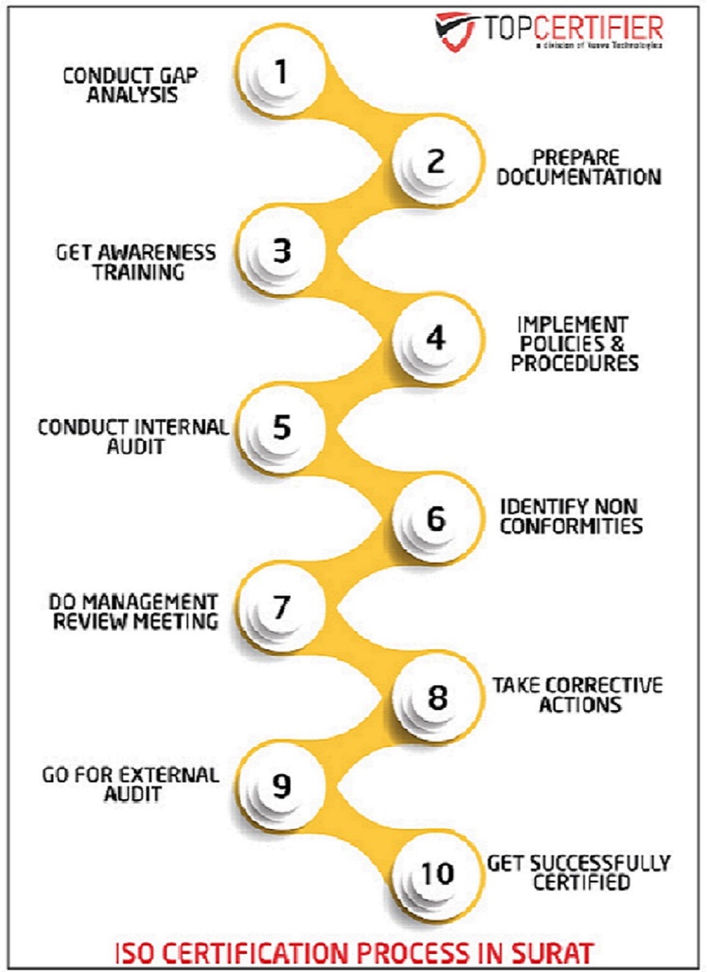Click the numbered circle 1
coord(281,72)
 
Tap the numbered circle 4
coord(437,338)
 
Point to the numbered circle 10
coord(437,873)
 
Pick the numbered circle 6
coord(437,518)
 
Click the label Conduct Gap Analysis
coord(131,85)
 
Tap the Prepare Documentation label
coord(578,167)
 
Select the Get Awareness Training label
coord(136,262)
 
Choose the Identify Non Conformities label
coord(571,516)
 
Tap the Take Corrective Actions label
coord(578,695)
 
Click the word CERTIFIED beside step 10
coord(581,882)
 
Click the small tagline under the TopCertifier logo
coord(598,46)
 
